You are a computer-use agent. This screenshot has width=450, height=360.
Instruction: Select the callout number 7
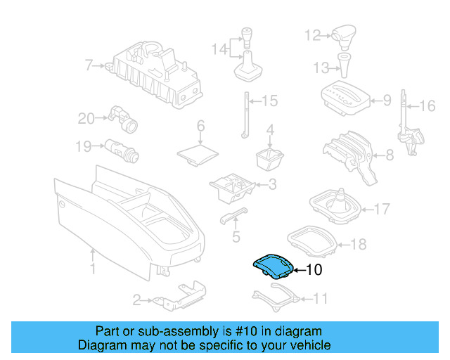[x=89, y=66]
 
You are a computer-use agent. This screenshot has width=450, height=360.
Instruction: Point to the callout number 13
[x=321, y=68]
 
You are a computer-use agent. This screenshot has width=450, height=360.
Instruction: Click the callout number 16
[x=428, y=107]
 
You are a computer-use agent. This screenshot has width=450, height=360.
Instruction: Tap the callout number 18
[x=359, y=245]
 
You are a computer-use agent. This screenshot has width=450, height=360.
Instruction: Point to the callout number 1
[x=92, y=269]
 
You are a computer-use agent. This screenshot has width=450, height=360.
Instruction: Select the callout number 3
[x=271, y=185]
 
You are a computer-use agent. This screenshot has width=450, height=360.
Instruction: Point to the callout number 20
[x=86, y=119]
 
